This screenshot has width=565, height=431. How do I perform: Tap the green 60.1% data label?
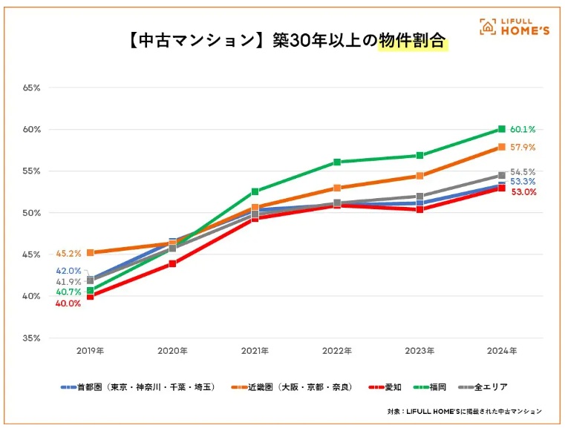[523, 129]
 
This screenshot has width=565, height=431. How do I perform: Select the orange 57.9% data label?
[523, 148]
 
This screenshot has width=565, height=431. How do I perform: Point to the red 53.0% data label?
[523, 192]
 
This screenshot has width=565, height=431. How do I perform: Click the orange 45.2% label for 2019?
[68, 253]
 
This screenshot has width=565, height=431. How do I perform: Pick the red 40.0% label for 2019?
[68, 303]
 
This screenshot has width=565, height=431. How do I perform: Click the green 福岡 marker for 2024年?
[502, 129]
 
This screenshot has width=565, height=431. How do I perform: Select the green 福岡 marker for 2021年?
[255, 191]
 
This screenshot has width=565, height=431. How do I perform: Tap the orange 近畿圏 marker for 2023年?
[419, 176]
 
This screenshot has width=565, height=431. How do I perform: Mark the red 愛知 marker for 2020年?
[173, 263]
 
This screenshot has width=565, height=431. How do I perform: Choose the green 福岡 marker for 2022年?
[337, 162]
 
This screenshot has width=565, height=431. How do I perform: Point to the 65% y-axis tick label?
[31, 88]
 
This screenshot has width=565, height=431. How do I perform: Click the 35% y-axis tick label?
[31, 338]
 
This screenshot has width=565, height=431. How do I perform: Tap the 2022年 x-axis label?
[337, 349]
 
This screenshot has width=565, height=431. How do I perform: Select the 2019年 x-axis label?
[91, 349]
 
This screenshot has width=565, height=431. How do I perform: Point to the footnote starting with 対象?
[464, 410]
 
